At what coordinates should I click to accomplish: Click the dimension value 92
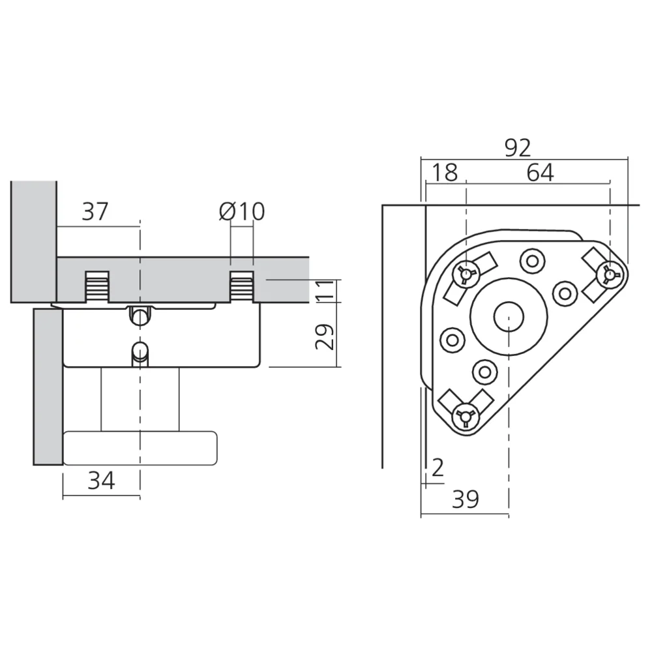click(x=518, y=147)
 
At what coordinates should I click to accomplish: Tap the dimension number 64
click(x=540, y=173)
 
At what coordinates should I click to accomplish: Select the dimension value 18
click(x=445, y=173)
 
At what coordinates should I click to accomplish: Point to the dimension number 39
click(x=466, y=499)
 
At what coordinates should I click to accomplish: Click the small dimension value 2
click(x=437, y=467)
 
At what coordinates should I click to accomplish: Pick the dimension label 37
click(x=95, y=211)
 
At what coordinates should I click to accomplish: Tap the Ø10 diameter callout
click(x=242, y=211)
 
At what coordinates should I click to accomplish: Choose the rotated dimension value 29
click(x=325, y=336)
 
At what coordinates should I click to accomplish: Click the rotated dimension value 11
click(x=325, y=291)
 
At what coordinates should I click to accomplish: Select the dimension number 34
click(x=101, y=481)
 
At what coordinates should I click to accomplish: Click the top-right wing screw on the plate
click(x=610, y=274)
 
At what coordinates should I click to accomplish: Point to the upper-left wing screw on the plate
click(x=467, y=273)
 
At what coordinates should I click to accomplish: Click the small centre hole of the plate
click(x=509, y=317)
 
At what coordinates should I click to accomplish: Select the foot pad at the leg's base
click(x=140, y=448)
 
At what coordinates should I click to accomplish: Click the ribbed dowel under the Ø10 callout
click(x=242, y=286)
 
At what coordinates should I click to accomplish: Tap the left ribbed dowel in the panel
click(x=97, y=286)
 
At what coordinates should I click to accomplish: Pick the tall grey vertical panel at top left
click(x=34, y=242)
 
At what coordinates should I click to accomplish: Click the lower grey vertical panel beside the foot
click(x=48, y=387)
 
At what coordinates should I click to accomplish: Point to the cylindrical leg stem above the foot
click(x=140, y=400)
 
